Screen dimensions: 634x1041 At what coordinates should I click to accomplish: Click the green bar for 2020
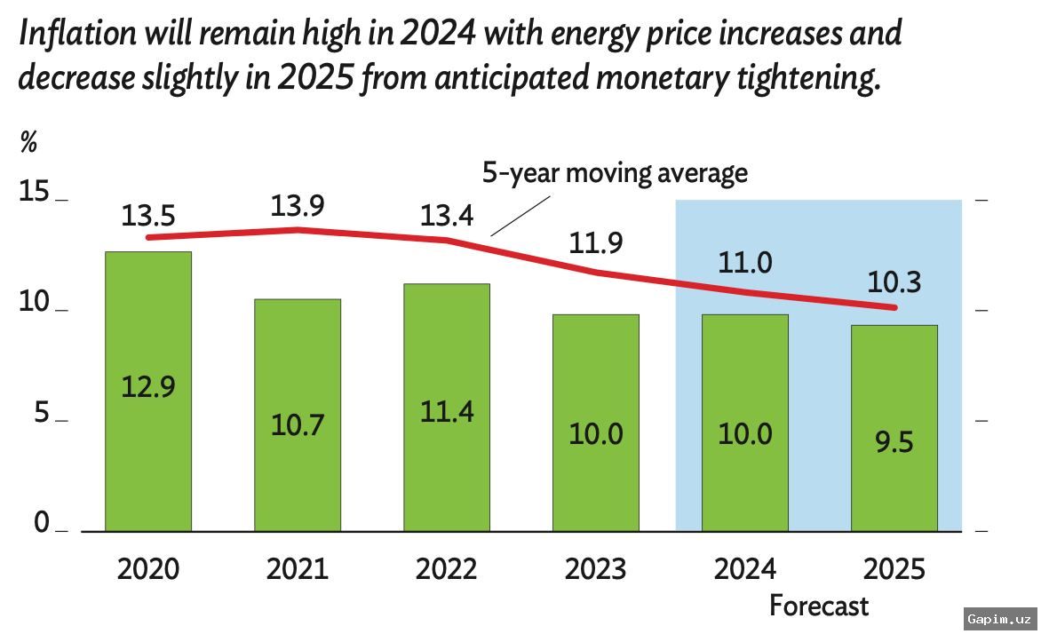pos(148,391)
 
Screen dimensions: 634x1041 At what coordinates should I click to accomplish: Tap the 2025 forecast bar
pos(894,428)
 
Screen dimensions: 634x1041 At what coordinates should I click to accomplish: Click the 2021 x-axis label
pos(298,568)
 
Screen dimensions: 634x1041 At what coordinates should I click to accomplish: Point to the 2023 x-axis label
pos(596,568)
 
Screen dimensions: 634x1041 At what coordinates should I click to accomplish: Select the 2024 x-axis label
pos(745,568)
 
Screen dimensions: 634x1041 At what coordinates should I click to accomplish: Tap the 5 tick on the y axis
pos(43,414)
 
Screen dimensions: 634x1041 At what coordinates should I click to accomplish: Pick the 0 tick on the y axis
pos(43,524)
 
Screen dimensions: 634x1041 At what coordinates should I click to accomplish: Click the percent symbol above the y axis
pos(28,142)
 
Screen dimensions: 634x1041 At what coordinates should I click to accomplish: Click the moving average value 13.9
pos(298,206)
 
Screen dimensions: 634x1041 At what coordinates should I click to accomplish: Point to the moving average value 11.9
pos(596,242)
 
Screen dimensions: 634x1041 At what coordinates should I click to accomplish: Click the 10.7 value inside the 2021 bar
pos(298,424)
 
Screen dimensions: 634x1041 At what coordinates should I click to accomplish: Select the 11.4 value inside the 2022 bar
pos(447,412)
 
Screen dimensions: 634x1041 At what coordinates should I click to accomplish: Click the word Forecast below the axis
pos(819,606)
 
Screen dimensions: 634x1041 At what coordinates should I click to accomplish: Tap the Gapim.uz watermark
pos(1000,618)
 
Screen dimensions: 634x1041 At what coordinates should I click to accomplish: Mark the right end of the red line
pos(894,308)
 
